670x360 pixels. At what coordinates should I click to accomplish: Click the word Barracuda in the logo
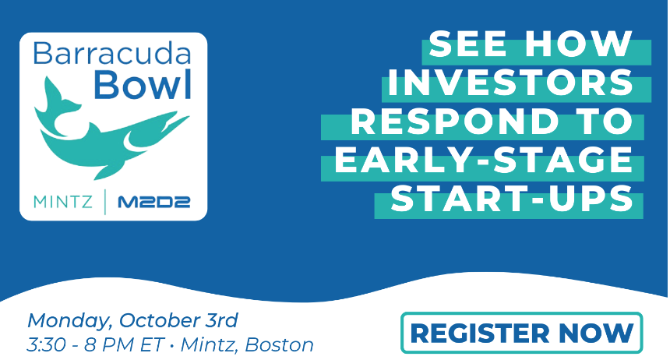pyautogui.click(x=111, y=53)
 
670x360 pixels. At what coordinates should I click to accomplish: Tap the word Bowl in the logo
pyautogui.click(x=143, y=84)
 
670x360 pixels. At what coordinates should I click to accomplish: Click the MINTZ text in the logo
pyautogui.click(x=63, y=202)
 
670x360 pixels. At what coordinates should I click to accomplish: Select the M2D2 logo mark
pyautogui.click(x=153, y=202)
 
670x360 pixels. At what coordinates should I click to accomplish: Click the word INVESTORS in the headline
pyautogui.click(x=510, y=83)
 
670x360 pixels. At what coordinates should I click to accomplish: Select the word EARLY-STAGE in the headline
pyautogui.click(x=483, y=160)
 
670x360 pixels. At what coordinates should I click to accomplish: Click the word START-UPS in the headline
pyautogui.click(x=512, y=198)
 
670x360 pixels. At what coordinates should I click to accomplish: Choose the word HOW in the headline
pyautogui.click(x=578, y=44)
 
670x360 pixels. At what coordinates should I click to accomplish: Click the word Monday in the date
pyautogui.click(x=70, y=321)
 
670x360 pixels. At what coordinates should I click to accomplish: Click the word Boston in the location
pyautogui.click(x=280, y=345)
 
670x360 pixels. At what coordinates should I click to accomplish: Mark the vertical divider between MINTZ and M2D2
pyautogui.click(x=105, y=202)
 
